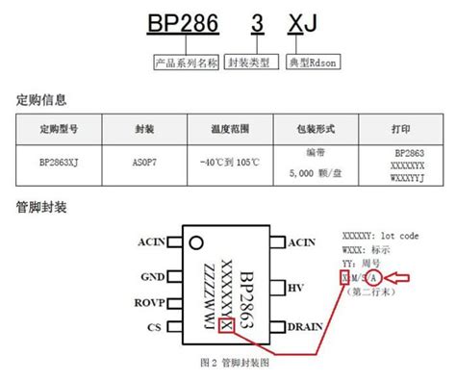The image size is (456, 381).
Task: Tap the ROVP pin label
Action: point(149,300)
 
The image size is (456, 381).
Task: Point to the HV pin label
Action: point(296,287)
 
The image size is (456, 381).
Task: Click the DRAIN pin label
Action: point(304,328)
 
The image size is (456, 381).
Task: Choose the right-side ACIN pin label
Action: point(302,241)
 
